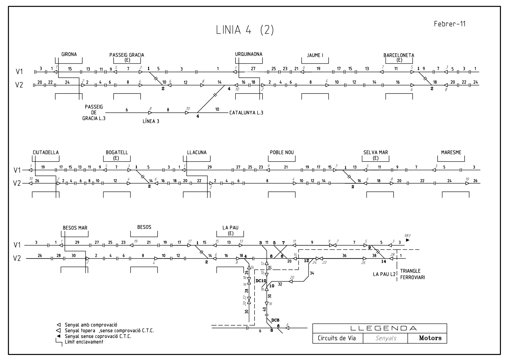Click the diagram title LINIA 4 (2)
coord(245,30)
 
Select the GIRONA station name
coord(69,54)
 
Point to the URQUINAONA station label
coord(249,54)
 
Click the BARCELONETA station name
coord(399,55)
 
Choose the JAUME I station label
coord(315,55)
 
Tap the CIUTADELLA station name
coord(46,152)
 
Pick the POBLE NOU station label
coord(282,152)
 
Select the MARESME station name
coord(451,152)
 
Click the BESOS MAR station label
coord(75,228)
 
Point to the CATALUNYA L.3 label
coord(246,113)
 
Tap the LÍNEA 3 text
coord(151,121)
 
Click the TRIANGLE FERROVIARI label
coord(412,274)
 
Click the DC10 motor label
coord(261,281)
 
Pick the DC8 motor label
coord(275,320)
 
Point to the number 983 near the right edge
coord(407,235)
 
